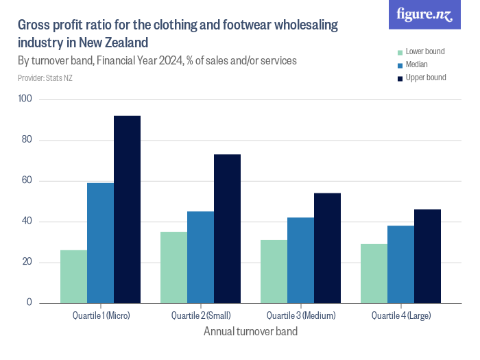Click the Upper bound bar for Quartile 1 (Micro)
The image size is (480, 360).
127,209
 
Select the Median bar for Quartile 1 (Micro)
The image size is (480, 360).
100,243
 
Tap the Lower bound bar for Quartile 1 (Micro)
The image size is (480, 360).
73,276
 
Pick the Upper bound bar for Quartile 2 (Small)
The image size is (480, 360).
227,228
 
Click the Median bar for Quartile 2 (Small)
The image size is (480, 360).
200,257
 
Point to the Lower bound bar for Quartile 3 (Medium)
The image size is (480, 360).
274,272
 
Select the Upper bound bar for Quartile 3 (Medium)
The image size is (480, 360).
327,248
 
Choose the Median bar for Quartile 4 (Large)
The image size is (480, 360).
400,264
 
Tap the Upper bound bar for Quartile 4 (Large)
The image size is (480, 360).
427,256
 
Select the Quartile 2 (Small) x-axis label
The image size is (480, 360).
200,316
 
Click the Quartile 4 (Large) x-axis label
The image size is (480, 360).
400,316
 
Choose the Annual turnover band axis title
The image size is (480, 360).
250,332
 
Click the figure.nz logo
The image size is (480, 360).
424,14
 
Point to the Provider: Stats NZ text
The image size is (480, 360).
45,78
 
